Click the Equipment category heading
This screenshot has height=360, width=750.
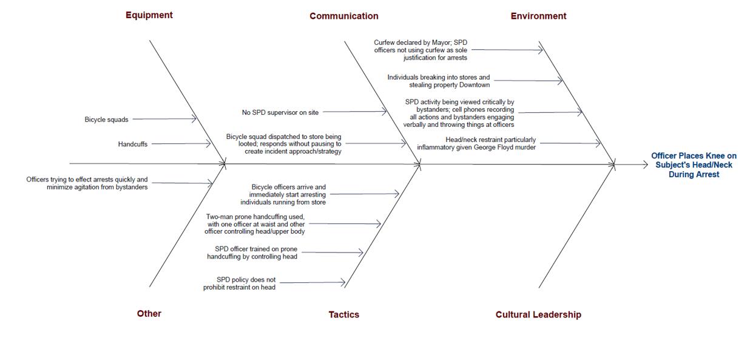(149, 15)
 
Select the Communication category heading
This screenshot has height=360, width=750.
(343, 16)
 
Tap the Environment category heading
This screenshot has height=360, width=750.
(538, 16)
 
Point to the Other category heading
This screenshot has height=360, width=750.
(149, 314)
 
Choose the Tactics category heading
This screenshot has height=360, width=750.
(343, 314)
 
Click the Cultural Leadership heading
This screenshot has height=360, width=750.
(538, 314)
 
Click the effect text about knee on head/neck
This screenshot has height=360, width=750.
(694, 165)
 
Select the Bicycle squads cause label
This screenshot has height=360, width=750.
(106, 120)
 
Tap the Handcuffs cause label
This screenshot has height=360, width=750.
(132, 144)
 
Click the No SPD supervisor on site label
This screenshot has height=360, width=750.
(280, 112)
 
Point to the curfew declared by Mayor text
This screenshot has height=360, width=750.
(421, 50)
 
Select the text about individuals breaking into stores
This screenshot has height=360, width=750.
(438, 81)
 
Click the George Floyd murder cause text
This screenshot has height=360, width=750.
(476, 144)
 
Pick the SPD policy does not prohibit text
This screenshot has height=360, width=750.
(240, 284)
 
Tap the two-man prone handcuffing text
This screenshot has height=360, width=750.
(255, 224)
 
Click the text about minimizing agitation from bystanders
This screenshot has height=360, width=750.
(87, 183)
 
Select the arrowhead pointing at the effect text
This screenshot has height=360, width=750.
(645, 165)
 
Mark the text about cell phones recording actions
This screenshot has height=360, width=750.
(459, 114)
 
